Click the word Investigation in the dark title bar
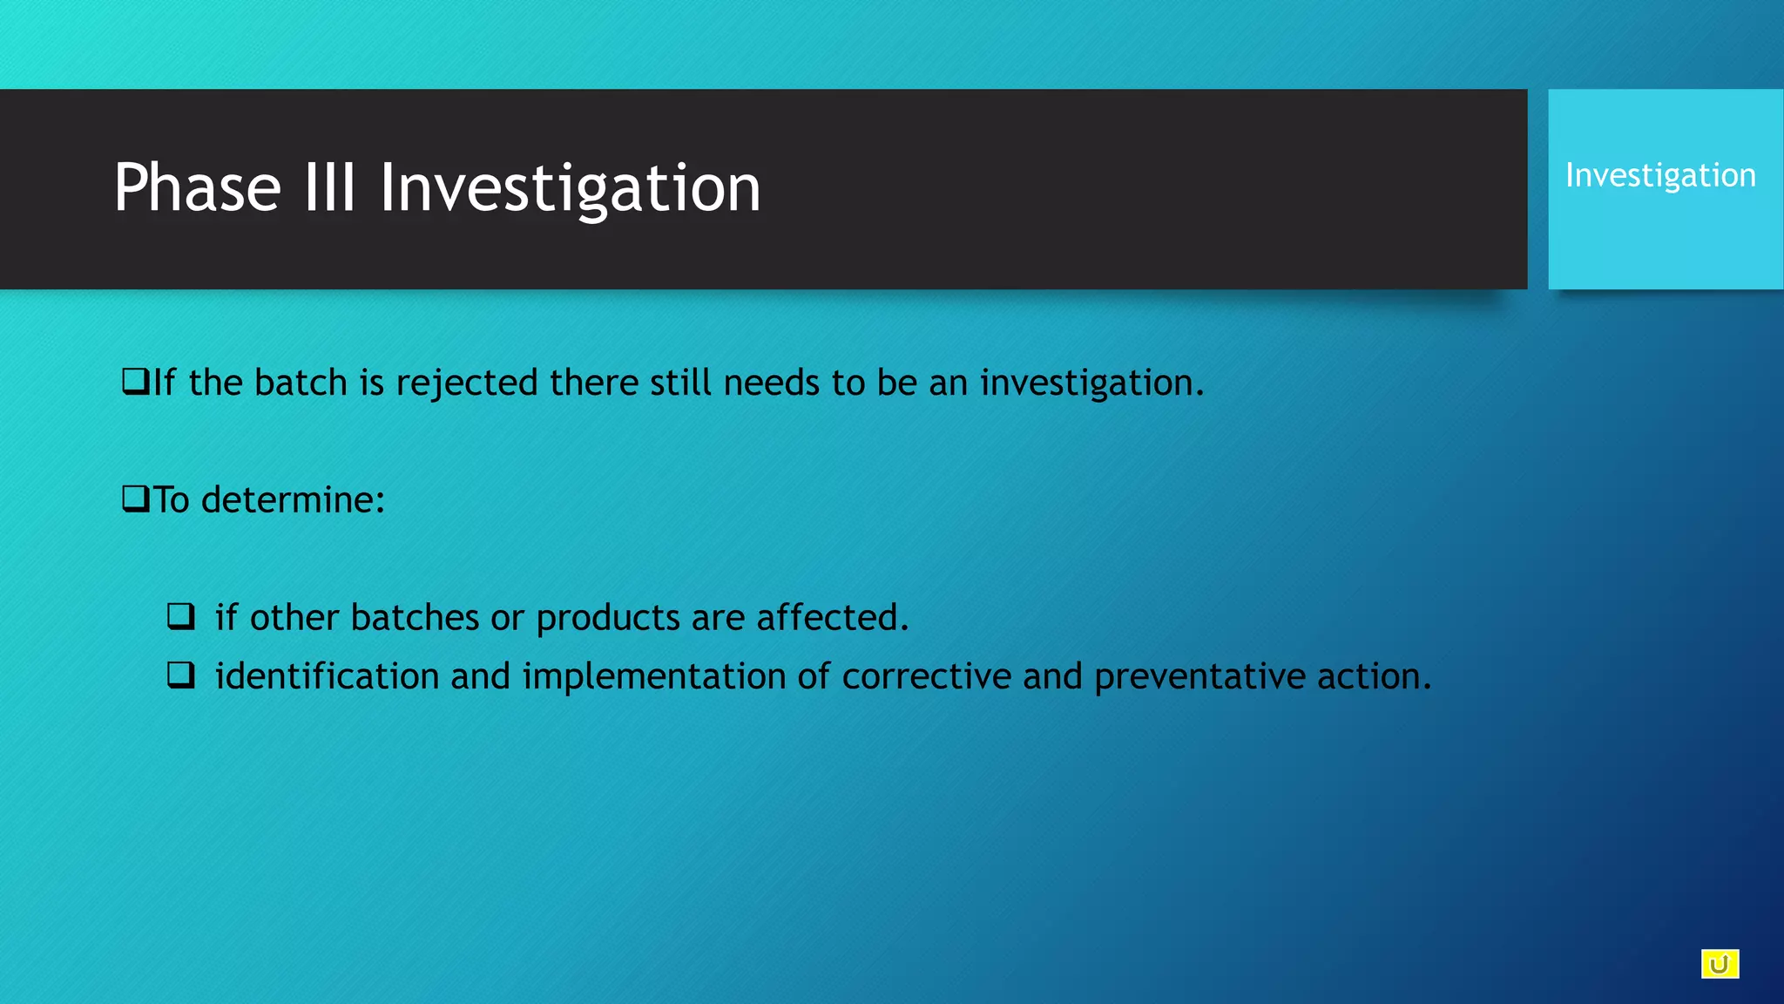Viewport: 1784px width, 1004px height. [570, 189]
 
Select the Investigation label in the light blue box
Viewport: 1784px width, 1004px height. [1660, 176]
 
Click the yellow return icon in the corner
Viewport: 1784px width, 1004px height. [1720, 964]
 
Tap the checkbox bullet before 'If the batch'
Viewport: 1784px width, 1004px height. [136, 382]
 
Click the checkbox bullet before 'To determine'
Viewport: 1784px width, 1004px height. [136, 499]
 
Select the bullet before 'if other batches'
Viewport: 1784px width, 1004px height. [181, 617]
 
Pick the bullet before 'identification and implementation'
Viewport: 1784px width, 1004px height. [181, 675]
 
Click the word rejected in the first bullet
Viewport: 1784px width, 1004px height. [467, 383]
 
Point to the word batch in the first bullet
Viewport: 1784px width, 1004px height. [301, 383]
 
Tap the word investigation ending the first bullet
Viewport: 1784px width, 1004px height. [1091, 383]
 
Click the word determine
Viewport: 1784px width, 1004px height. [293, 500]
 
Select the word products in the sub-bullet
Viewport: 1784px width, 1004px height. [608, 618]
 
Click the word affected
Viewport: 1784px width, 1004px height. [832, 618]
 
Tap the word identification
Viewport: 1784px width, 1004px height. [327, 676]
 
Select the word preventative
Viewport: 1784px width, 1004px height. [1199, 677]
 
